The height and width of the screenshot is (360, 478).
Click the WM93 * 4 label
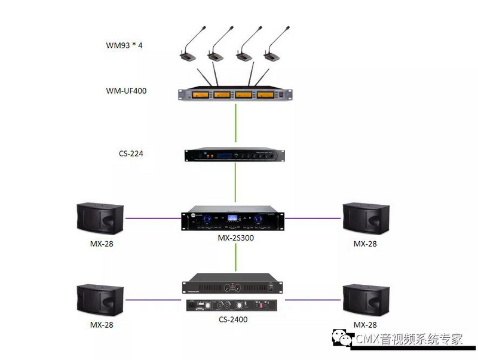[x=124, y=45]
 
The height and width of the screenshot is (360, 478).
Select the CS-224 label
[x=131, y=153]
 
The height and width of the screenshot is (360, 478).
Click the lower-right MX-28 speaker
[x=366, y=301]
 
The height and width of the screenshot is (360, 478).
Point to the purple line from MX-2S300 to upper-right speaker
[x=313, y=219]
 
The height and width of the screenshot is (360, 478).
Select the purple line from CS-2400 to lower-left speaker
[x=155, y=300]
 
